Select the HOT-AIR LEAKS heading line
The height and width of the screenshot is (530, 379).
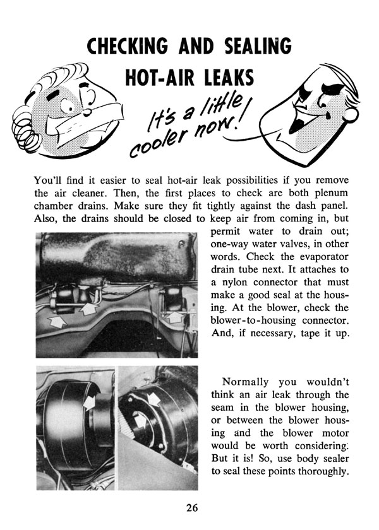tap(190, 78)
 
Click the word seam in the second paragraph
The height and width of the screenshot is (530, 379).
tap(219, 409)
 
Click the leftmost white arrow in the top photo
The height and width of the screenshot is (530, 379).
tap(57, 322)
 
